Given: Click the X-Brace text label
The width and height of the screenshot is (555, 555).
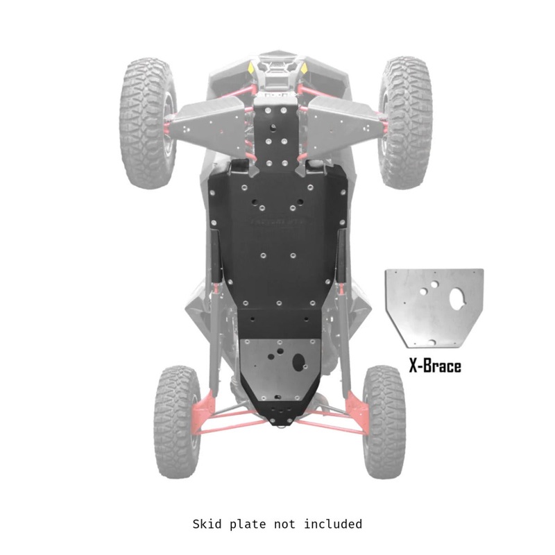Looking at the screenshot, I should (435, 366).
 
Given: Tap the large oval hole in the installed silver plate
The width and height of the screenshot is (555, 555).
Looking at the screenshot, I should (299, 361).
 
